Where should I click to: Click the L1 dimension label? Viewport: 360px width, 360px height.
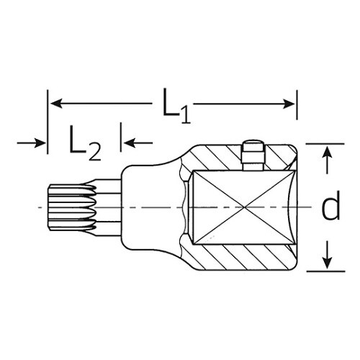pos(176,106)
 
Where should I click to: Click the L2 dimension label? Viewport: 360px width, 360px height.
pos(85,143)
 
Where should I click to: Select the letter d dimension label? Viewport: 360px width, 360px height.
pos(331,205)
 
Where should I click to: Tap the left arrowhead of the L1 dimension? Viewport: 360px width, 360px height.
pos(57,104)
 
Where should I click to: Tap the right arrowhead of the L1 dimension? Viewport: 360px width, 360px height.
pos(289,104)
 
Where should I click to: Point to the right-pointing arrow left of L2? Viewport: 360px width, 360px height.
pos(31,143)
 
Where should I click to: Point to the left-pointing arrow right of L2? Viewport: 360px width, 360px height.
pos(138,143)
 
